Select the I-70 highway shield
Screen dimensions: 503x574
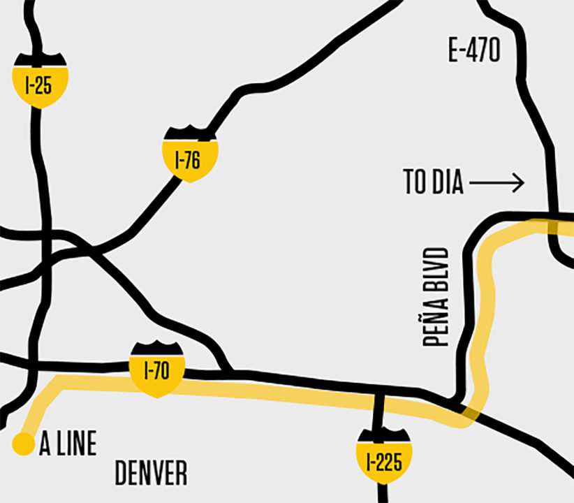coord(156,370)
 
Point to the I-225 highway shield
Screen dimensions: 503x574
coord(383,458)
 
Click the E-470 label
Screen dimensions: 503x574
coord(474,50)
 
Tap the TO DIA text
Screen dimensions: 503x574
coord(433,183)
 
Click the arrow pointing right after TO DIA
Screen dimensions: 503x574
coord(496,183)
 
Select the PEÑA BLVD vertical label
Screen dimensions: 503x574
coord(436,296)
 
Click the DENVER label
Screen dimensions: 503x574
coord(151,474)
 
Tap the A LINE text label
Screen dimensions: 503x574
coord(68,444)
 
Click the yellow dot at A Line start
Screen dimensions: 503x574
coord(24,444)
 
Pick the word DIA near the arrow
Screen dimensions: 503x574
coord(448,183)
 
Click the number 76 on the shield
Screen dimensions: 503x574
coord(193,161)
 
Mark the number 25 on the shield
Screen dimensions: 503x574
coord(45,85)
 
